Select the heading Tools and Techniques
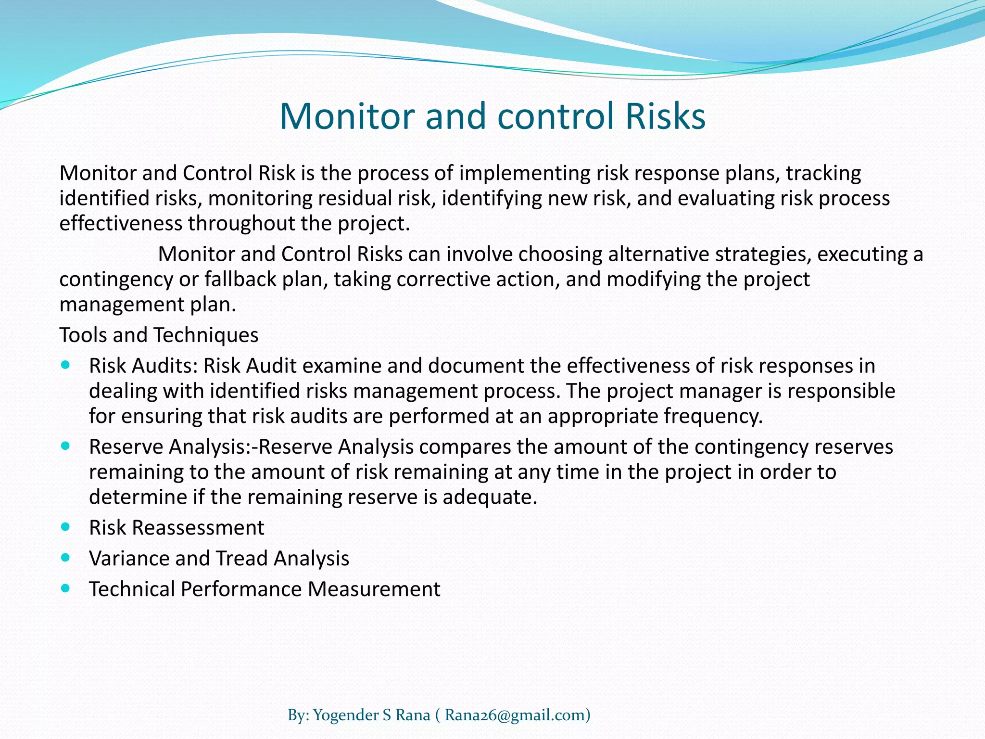[159, 335]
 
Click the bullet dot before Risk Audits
[66, 365]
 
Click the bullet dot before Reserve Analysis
[66, 446]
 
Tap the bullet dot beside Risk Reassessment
[66, 526]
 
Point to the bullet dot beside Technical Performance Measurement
[66, 588]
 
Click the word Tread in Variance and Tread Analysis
[241, 558]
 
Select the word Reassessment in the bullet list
[198, 528]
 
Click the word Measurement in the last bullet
[374, 589]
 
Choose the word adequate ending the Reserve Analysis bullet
[490, 497]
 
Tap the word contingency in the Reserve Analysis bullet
[751, 447]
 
